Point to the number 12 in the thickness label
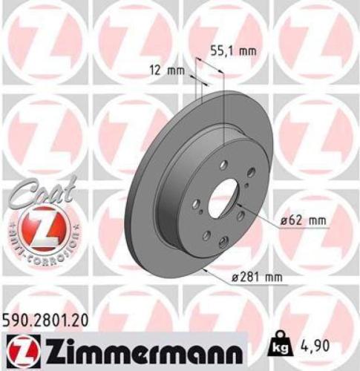[154, 70]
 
